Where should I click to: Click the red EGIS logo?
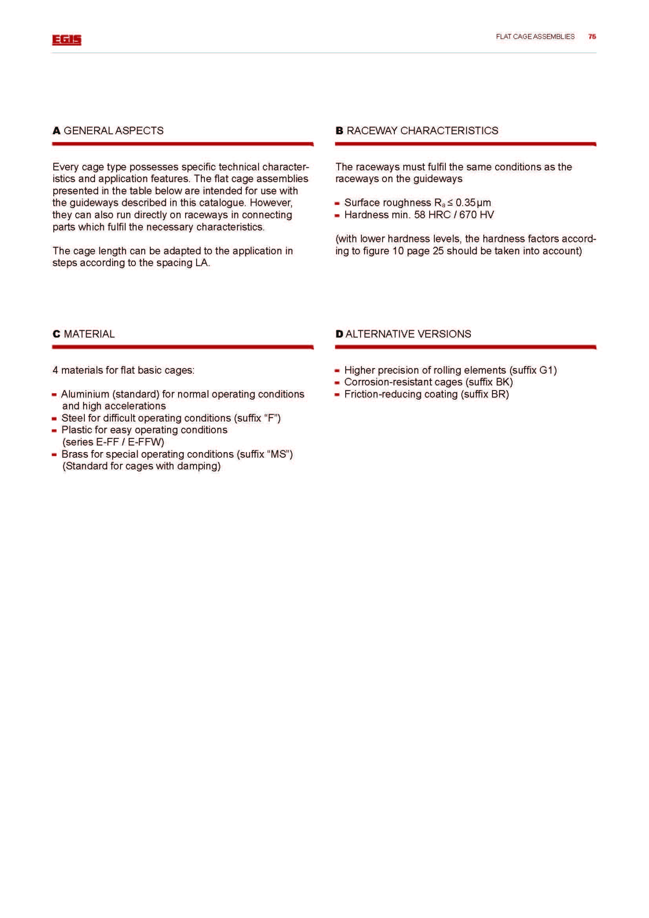coord(67,40)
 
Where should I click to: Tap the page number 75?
coord(592,37)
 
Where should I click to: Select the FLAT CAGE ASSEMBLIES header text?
coord(535,37)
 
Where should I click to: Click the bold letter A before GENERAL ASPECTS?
coord(57,131)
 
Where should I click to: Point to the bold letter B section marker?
coord(339,131)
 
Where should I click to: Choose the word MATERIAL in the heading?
coord(89,334)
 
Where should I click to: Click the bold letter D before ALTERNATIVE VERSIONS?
coord(339,334)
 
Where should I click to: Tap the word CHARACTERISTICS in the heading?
coord(449,131)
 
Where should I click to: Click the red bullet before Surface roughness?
coord(337,204)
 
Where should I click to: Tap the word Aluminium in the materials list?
coord(85,394)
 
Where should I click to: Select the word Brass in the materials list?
coord(75,454)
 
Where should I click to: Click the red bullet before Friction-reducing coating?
coord(337,394)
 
